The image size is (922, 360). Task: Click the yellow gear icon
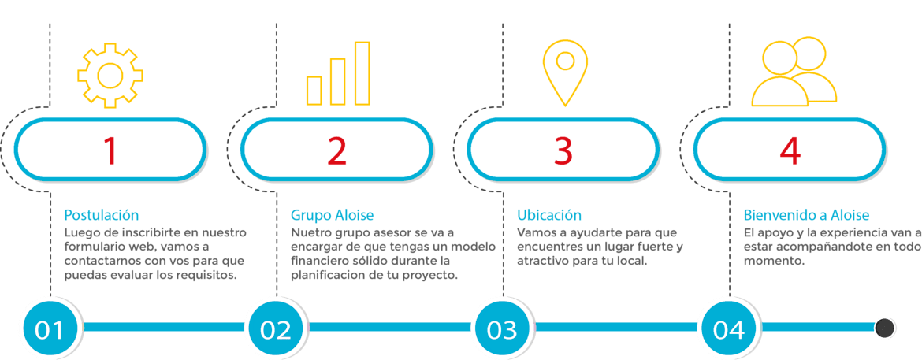click(110, 75)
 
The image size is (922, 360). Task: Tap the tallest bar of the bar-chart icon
click(362, 72)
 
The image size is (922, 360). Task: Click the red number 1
click(110, 151)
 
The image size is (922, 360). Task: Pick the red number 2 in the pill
click(336, 151)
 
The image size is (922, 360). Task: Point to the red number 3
click(563, 151)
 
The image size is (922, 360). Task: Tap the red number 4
click(789, 151)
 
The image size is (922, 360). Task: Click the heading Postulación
click(101, 215)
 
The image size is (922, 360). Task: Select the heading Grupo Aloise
click(332, 215)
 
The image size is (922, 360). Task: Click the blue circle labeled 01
click(50, 328)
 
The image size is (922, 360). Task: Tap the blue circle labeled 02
click(276, 328)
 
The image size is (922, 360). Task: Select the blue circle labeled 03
click(502, 328)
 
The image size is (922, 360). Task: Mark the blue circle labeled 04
click(728, 328)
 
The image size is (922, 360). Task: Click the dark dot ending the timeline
click(884, 327)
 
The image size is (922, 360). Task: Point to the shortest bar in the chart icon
click(314, 90)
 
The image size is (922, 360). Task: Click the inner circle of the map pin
click(564, 60)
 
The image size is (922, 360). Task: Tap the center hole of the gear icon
click(110, 75)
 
